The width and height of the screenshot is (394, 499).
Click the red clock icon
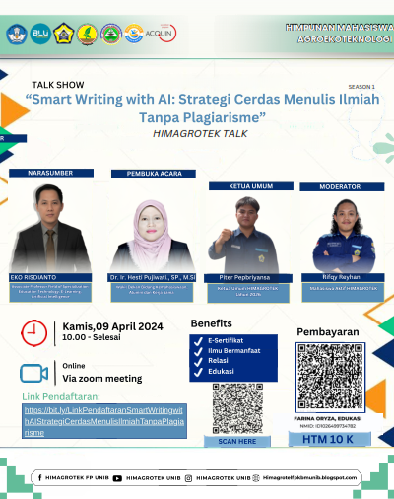click(33, 334)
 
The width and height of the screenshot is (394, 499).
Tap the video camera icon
click(33, 373)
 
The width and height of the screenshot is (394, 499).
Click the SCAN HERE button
click(236, 442)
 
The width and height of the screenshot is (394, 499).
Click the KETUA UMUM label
click(240, 184)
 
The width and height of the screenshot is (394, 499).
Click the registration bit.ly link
click(103, 420)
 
